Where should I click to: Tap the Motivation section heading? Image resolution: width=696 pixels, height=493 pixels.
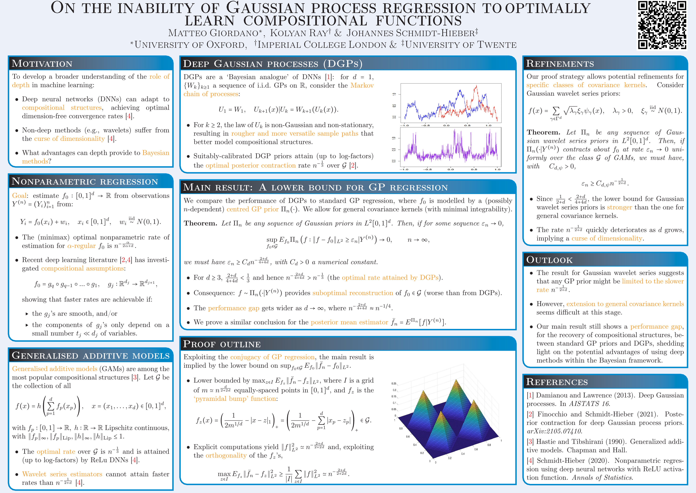[42, 64]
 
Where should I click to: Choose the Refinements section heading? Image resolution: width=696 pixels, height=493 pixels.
[560, 64]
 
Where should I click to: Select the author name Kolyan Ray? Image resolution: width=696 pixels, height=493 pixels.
[300, 33]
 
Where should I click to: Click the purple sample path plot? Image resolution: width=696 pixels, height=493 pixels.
[451, 148]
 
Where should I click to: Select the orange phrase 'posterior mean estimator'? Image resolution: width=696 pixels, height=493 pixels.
[349, 322]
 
